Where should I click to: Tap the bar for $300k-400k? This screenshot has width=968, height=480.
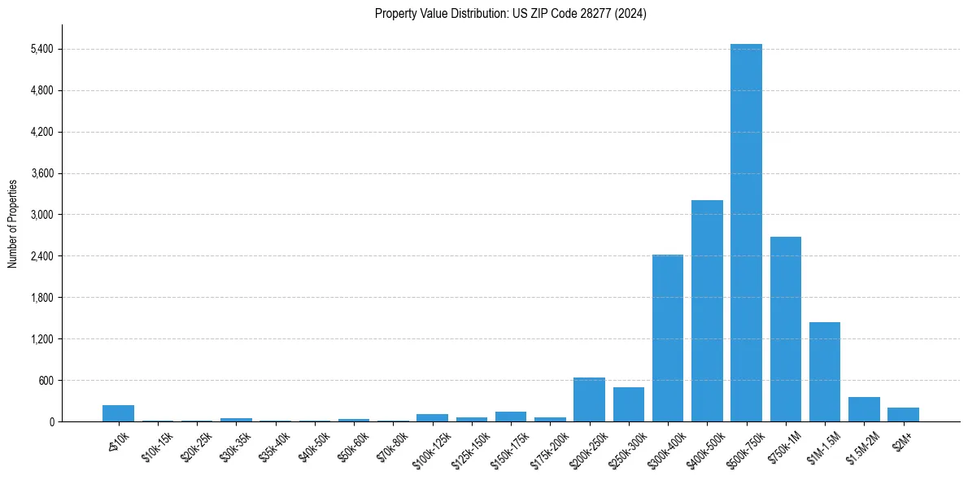click(668, 338)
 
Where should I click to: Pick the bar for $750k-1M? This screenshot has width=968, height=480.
click(786, 329)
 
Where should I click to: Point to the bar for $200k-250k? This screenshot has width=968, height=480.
click(589, 399)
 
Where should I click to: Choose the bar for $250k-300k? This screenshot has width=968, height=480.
click(629, 404)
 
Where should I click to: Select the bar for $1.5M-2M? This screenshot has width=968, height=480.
click(864, 409)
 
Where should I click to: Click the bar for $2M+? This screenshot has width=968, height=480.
click(903, 414)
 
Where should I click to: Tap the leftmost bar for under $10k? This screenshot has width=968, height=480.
click(118, 413)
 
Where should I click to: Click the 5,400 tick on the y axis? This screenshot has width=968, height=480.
click(41, 49)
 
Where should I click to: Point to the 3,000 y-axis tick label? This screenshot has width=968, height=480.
click(41, 215)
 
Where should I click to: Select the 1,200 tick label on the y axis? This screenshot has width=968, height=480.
click(41, 339)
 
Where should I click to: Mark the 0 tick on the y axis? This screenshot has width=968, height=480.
click(51, 421)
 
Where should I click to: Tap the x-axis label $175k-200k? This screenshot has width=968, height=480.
click(549, 446)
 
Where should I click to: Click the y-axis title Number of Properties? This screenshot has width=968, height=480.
click(12, 223)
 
